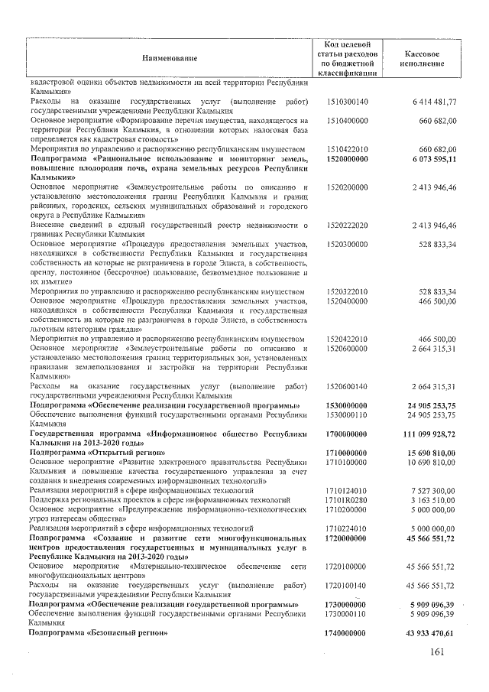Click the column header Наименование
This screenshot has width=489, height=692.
tap(169, 57)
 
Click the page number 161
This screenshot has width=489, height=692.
tap(436, 651)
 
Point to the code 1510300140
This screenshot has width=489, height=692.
tap(346, 102)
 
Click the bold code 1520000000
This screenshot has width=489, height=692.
tap(346, 158)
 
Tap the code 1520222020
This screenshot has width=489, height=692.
tap(346, 226)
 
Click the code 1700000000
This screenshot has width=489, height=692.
tap(346, 434)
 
